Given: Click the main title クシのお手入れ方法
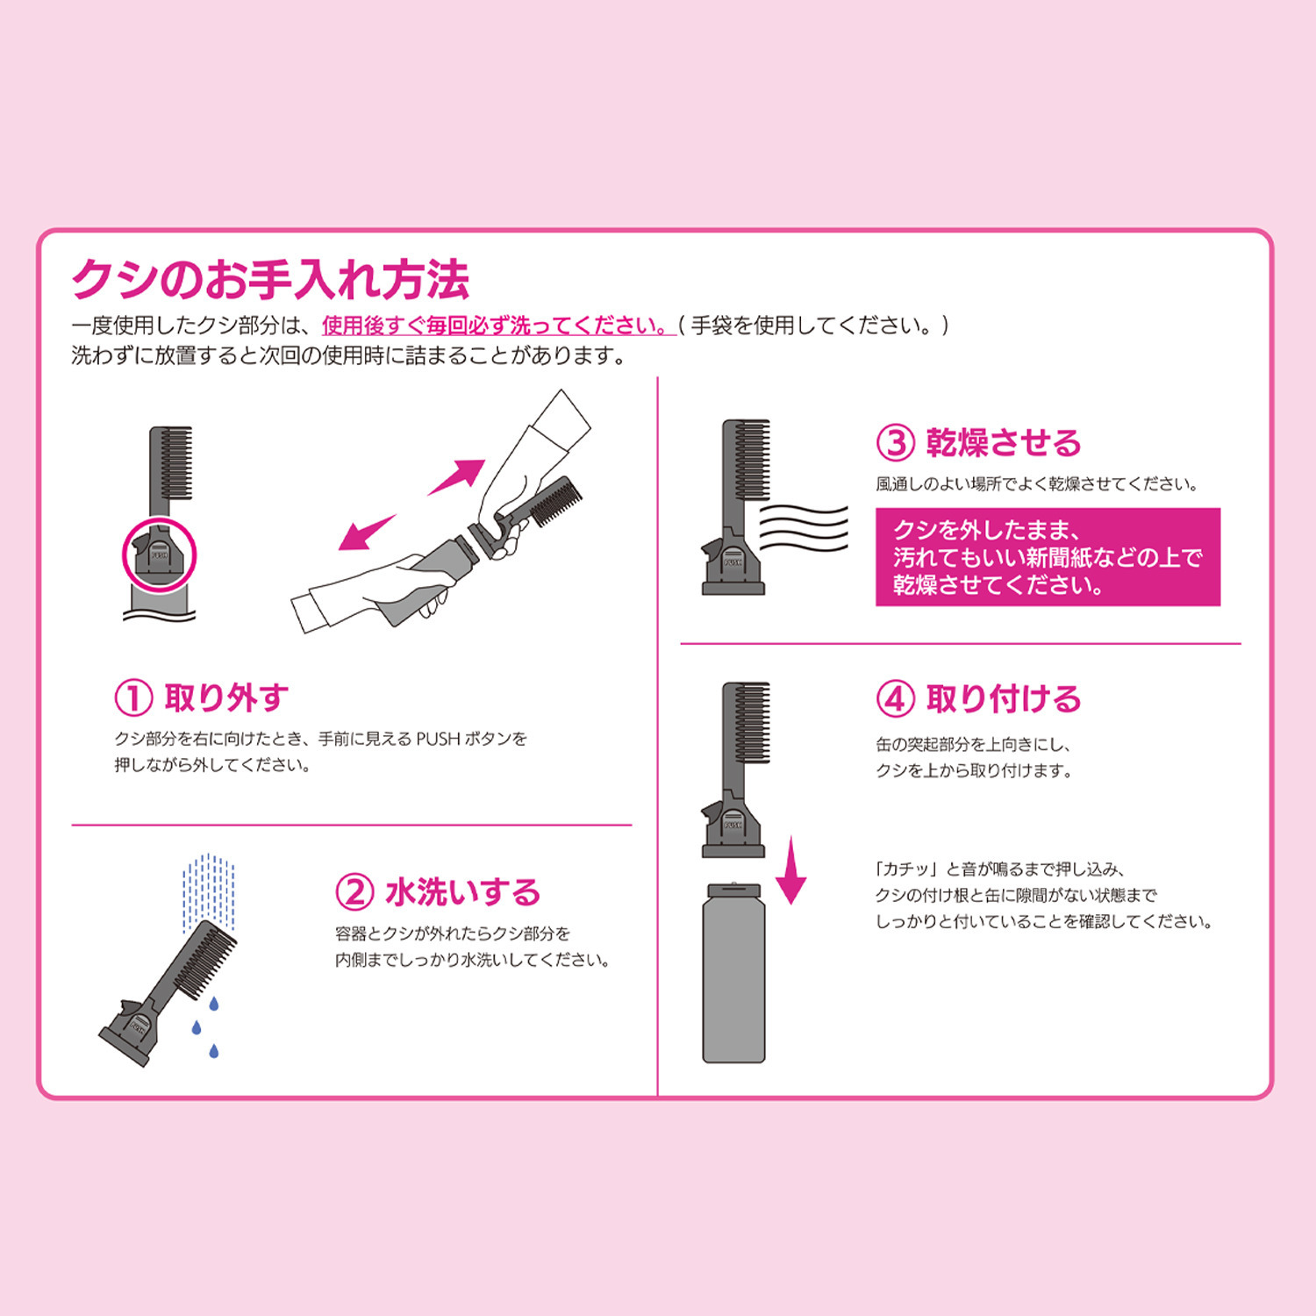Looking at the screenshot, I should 270,279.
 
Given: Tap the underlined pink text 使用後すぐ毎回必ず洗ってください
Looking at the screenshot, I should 497,325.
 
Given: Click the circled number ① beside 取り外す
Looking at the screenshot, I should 134,698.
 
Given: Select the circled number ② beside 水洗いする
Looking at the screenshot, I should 354,892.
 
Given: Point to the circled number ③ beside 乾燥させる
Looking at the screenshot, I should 896,443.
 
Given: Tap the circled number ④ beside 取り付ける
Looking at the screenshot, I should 896,699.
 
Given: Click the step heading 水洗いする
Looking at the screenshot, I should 462,892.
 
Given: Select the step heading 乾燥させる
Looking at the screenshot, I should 1004,443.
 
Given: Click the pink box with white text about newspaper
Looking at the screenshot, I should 1048,557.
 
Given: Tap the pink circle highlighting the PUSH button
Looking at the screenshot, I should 159,554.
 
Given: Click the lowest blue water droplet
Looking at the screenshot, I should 213,1050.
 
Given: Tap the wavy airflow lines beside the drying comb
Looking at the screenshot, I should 804,527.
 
